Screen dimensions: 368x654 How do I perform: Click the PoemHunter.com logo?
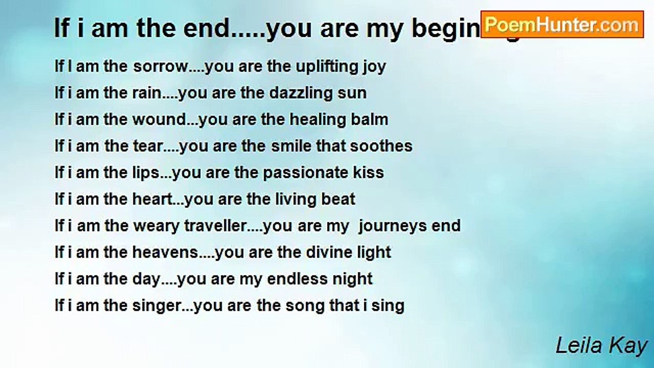562,25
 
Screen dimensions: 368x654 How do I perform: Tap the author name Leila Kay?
601,346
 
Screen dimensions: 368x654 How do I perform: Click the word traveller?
216,225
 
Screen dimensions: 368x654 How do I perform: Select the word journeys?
395,225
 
